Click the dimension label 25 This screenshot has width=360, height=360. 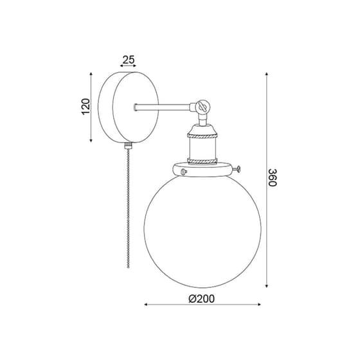pos(129,60)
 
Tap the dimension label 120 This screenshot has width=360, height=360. pos(85,106)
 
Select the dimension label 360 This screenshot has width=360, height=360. pos(273,177)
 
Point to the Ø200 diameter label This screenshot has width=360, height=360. pos(202,299)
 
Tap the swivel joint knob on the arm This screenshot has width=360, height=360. pos(203,107)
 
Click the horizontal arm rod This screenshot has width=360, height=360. pos(163,107)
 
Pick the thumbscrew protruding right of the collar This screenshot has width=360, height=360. pos(237,170)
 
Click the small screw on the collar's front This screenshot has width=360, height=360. pos(183,171)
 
